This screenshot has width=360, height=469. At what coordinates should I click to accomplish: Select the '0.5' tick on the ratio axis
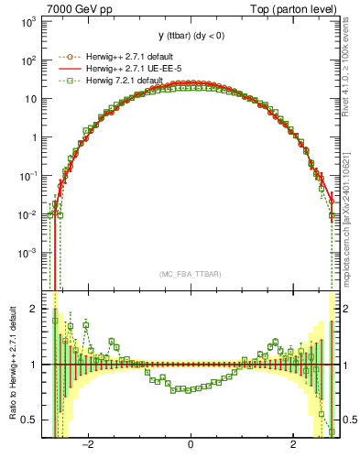29,420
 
